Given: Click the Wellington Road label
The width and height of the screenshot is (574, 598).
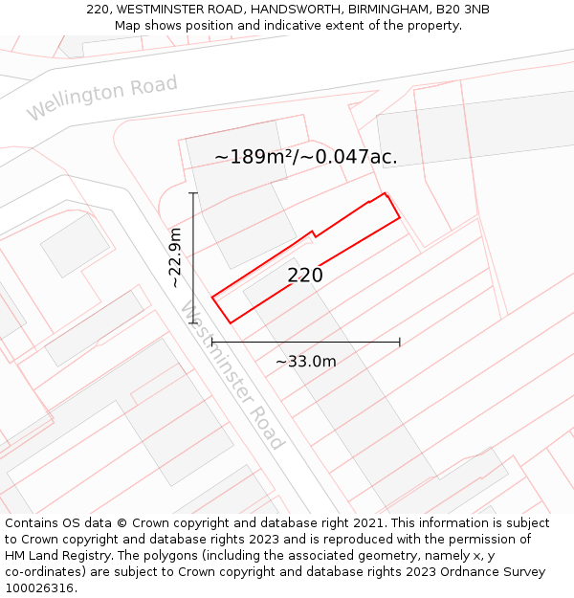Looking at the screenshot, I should click(101, 98).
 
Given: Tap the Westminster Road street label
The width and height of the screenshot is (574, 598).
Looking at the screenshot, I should click(232, 375).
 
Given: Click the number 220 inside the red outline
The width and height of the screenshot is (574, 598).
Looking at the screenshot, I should click(305, 276).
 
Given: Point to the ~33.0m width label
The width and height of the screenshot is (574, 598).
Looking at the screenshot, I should click(306, 362).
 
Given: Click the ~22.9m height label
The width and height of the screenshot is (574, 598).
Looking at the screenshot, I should click(176, 258).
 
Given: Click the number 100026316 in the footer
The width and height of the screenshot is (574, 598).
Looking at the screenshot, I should click(37, 588).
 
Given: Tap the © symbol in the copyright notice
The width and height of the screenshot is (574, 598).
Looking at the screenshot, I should click(122, 523).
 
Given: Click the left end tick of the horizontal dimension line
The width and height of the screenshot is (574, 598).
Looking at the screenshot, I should click(211, 342).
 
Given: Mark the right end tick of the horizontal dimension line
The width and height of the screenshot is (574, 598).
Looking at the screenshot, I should click(400, 342).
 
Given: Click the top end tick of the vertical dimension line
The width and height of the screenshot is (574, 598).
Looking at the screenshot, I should click(193, 193).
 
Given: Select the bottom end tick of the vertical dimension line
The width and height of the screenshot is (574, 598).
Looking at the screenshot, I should click(193, 323).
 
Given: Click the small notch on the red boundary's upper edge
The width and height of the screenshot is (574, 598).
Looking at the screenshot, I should click(313, 233).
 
